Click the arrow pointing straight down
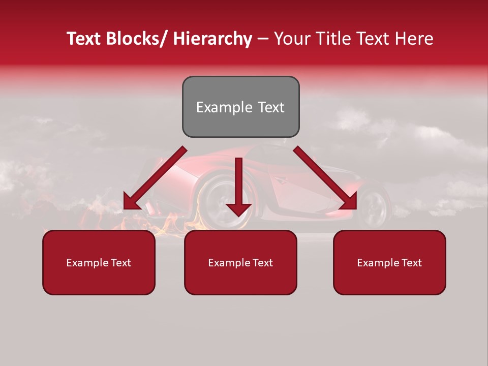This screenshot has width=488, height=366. pyautogui.click(x=238, y=188)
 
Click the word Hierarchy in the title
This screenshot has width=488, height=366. pyautogui.click(x=212, y=39)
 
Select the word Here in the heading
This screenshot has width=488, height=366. pyautogui.click(x=414, y=39)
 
